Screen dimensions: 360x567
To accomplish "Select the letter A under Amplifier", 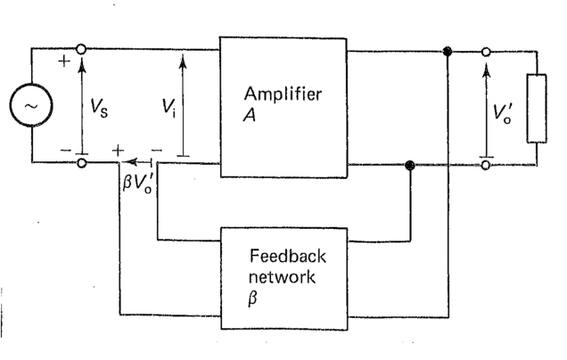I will pyautogui.click(x=249, y=113).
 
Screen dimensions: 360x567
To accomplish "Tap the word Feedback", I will pyautogui.click(x=287, y=257).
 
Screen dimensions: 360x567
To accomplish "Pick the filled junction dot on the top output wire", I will pyautogui.click(x=448, y=52).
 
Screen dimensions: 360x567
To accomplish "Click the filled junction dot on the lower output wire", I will pyautogui.click(x=410, y=165).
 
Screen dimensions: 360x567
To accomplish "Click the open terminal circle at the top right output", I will pyautogui.click(x=486, y=52).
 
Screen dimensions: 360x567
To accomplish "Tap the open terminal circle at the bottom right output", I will pyautogui.click(x=486, y=165).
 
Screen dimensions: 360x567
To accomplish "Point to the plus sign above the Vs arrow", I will pyautogui.click(x=65, y=61).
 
